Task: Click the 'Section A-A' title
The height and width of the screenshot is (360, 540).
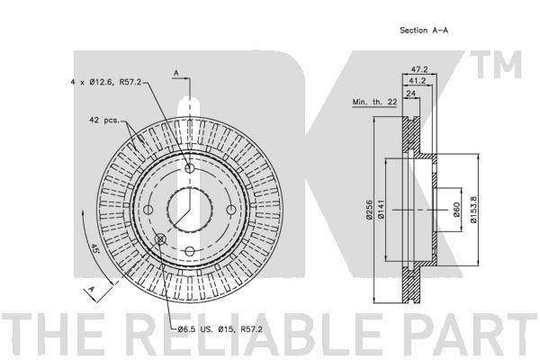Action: tap(424, 31)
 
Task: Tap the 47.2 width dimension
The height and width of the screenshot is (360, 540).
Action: tap(419, 69)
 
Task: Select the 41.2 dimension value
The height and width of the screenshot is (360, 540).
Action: tap(417, 81)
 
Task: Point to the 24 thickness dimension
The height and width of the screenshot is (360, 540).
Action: tap(411, 93)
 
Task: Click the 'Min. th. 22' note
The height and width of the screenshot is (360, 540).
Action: tap(374, 103)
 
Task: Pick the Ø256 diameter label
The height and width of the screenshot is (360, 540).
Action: tap(369, 210)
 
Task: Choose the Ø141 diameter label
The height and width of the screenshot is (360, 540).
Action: tap(381, 210)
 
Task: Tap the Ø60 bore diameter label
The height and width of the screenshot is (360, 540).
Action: tap(456, 210)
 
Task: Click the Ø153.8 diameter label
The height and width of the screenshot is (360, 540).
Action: tap(473, 210)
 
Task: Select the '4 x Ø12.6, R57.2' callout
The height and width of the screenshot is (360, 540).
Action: tap(105, 82)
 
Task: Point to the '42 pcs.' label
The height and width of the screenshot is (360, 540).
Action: tap(104, 121)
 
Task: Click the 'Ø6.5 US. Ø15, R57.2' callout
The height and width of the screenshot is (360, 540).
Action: tap(220, 329)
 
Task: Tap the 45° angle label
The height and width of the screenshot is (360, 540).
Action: tap(94, 248)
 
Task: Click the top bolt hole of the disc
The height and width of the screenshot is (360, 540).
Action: tap(189, 168)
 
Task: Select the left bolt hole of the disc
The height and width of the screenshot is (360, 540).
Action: tap(148, 210)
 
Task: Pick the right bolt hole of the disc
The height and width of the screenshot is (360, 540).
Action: tap(231, 210)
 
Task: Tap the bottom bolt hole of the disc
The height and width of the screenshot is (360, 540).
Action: tap(189, 251)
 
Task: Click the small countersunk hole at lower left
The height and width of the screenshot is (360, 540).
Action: tap(160, 238)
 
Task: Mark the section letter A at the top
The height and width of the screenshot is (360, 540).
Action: tap(176, 73)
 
